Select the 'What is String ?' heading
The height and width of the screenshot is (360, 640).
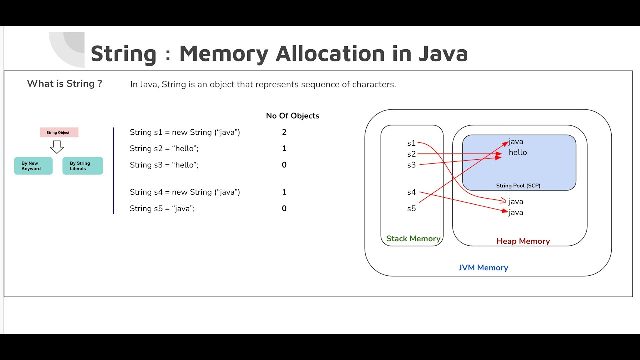[x=64, y=84]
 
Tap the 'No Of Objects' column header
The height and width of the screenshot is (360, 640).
[x=292, y=116]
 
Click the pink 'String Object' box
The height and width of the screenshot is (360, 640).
[x=59, y=133]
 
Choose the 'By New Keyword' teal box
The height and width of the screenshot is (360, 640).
[x=33, y=166]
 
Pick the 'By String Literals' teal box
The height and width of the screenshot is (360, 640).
[x=82, y=166]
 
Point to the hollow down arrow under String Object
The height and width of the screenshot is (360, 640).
[x=57, y=147]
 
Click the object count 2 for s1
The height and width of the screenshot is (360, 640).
[x=284, y=132]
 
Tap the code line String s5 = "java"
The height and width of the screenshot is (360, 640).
[x=162, y=209]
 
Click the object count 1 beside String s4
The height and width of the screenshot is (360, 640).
[x=284, y=192]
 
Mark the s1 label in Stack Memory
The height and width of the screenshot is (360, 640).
[x=411, y=143]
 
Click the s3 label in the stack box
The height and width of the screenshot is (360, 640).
[x=411, y=165]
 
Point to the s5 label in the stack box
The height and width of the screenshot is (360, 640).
[x=411, y=209]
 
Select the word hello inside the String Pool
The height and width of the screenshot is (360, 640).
[x=518, y=153]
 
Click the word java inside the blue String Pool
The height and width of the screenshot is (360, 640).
[x=516, y=142]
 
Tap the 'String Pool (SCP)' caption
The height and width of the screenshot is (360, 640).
[x=518, y=186]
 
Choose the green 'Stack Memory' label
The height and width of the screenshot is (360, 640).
[x=413, y=239]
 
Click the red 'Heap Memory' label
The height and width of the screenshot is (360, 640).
[x=523, y=241]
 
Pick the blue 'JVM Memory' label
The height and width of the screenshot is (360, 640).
[x=483, y=268]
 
